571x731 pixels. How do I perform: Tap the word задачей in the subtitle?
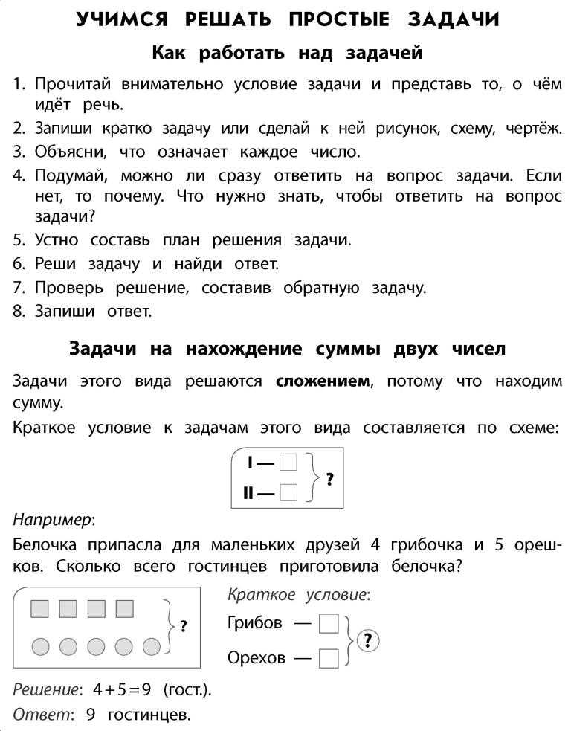click(x=383, y=53)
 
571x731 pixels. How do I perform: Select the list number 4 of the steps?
click(x=19, y=176)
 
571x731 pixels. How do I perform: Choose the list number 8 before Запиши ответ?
click(x=19, y=312)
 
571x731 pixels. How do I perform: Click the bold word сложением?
click(x=322, y=381)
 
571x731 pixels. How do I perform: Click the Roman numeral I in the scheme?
click(x=251, y=463)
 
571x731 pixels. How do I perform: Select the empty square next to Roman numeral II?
click(x=288, y=492)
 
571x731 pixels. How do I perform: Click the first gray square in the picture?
click(x=39, y=609)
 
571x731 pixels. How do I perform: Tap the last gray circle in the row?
click(x=152, y=646)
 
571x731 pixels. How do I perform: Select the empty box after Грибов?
click(x=328, y=623)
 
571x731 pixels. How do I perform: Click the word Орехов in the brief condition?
click(x=257, y=658)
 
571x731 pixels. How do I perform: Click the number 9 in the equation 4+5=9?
click(x=146, y=689)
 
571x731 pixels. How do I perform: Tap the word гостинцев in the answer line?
click(x=149, y=715)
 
